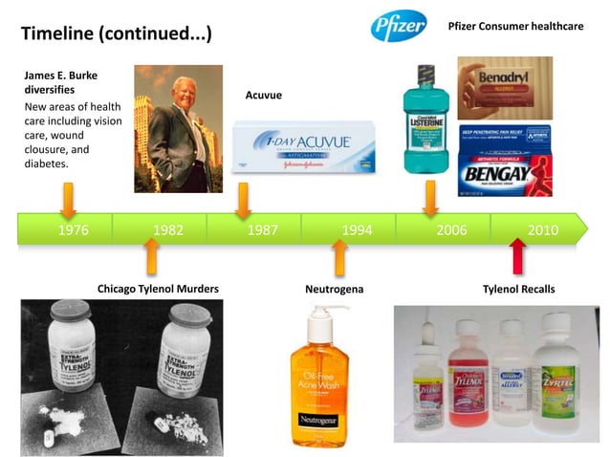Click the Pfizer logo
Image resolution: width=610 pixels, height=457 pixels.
399,26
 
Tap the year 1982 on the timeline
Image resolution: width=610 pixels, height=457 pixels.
168,229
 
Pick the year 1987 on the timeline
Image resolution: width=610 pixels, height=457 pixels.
262,229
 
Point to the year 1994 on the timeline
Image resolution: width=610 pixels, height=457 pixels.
357,229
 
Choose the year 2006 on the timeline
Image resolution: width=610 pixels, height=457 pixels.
451,229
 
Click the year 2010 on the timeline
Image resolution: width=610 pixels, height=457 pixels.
543,229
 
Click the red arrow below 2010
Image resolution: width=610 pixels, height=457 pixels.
517,257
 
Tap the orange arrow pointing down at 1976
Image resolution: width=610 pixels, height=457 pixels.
68,199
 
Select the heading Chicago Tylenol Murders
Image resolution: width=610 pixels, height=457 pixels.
158,289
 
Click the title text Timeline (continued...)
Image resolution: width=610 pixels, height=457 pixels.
116,34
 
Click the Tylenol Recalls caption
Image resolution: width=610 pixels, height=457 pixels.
518,289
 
